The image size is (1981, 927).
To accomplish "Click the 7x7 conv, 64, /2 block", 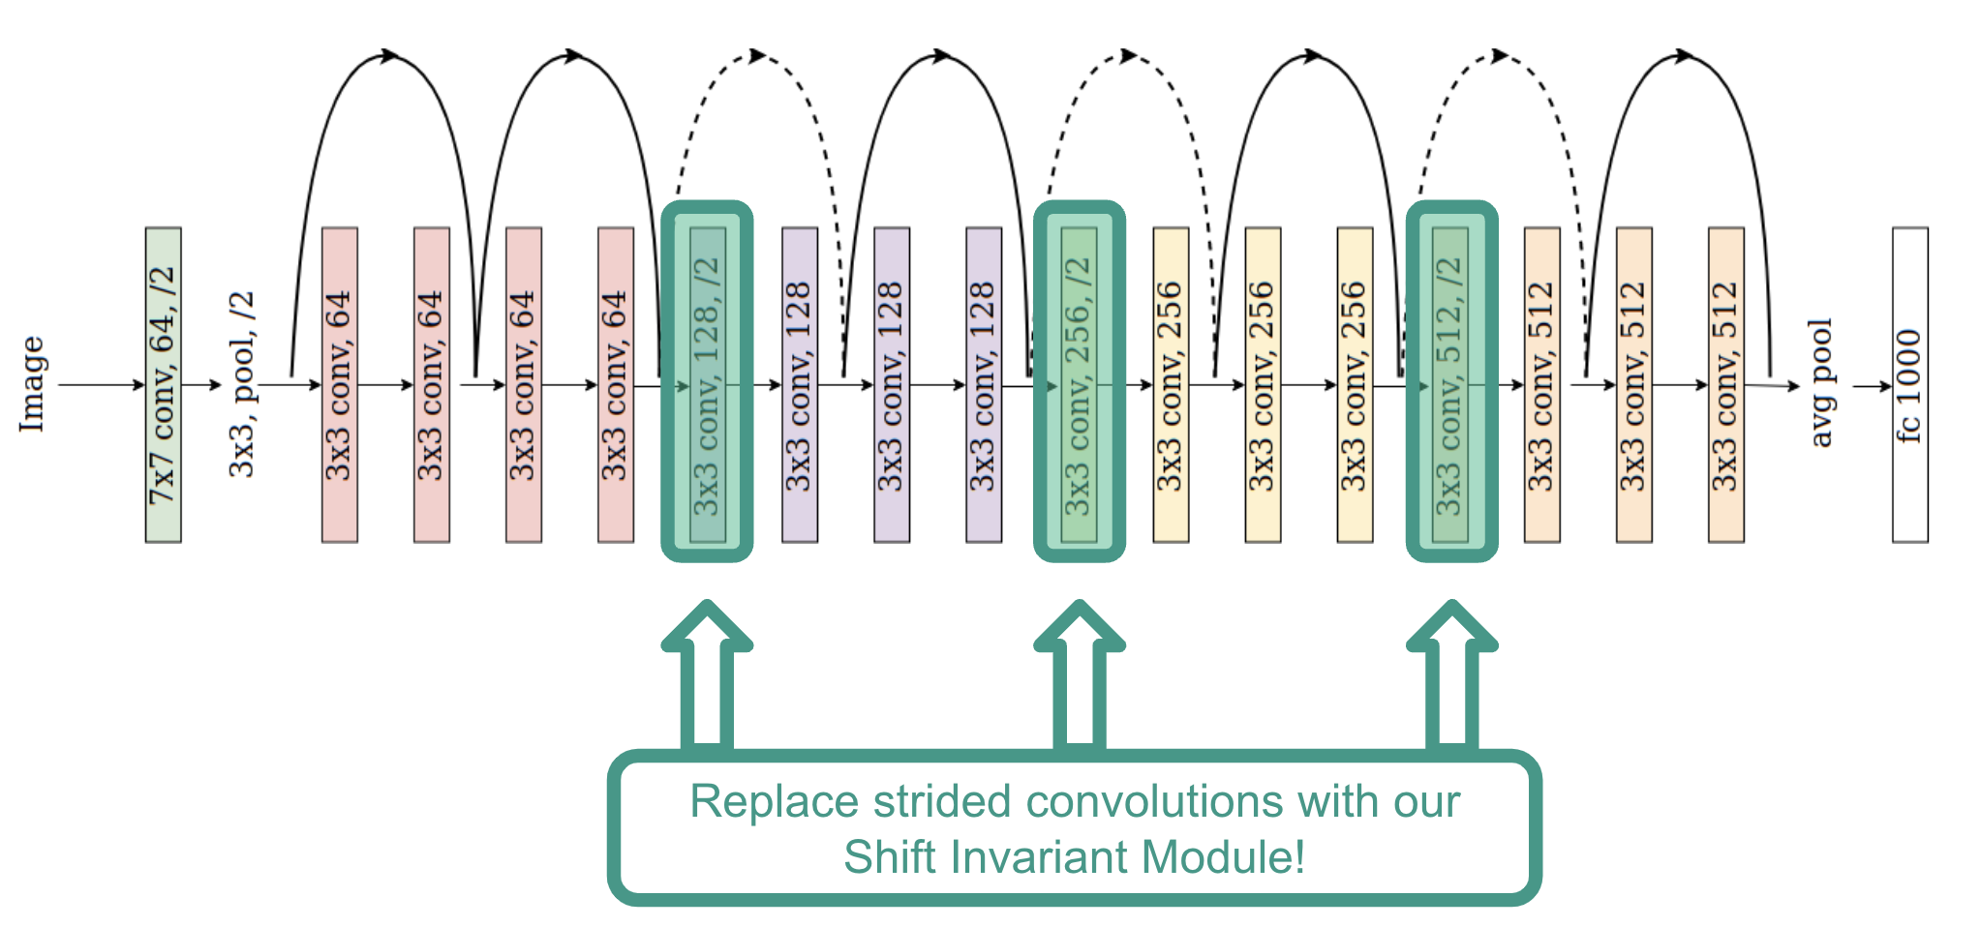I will coord(163,385).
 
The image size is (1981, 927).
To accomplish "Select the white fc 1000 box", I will coord(1909,385).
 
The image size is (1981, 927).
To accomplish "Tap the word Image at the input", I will coord(32,384).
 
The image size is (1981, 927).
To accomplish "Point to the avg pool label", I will coord(1820,383).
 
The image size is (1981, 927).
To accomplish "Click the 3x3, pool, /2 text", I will coord(241,384).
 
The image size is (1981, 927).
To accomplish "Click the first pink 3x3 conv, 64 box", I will coord(339,385).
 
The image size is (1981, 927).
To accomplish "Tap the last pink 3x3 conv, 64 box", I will coord(616,385).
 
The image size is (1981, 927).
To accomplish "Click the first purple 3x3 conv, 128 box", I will coord(800,385).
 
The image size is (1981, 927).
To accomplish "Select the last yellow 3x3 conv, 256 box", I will coord(1355,385).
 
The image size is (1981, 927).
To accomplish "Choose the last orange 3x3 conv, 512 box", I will coord(1725,385).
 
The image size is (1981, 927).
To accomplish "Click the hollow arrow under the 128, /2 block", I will coord(707,677).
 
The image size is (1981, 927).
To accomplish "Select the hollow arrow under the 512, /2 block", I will coord(1451,677).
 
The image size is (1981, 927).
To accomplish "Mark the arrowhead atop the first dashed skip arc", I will coord(757,56).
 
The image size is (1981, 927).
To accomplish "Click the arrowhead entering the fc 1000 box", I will coord(1885,386).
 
